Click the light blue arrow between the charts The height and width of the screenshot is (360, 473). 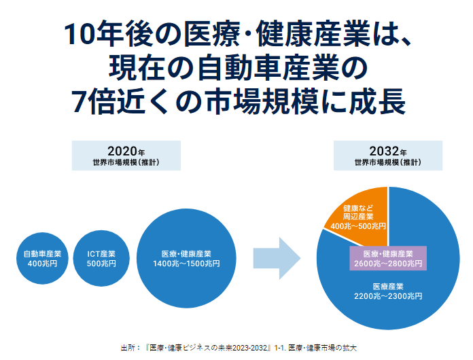[276, 258]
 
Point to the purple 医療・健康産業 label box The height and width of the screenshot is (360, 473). [388, 258]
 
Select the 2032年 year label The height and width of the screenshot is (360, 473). [388, 151]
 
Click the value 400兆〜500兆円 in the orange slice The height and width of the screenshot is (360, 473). [358, 226]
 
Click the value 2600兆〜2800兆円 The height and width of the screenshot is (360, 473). [388, 264]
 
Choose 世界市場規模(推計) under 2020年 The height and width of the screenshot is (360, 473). [126, 163]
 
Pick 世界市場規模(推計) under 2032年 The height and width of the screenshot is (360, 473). [388, 163]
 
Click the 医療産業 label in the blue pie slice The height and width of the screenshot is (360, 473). [388, 286]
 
